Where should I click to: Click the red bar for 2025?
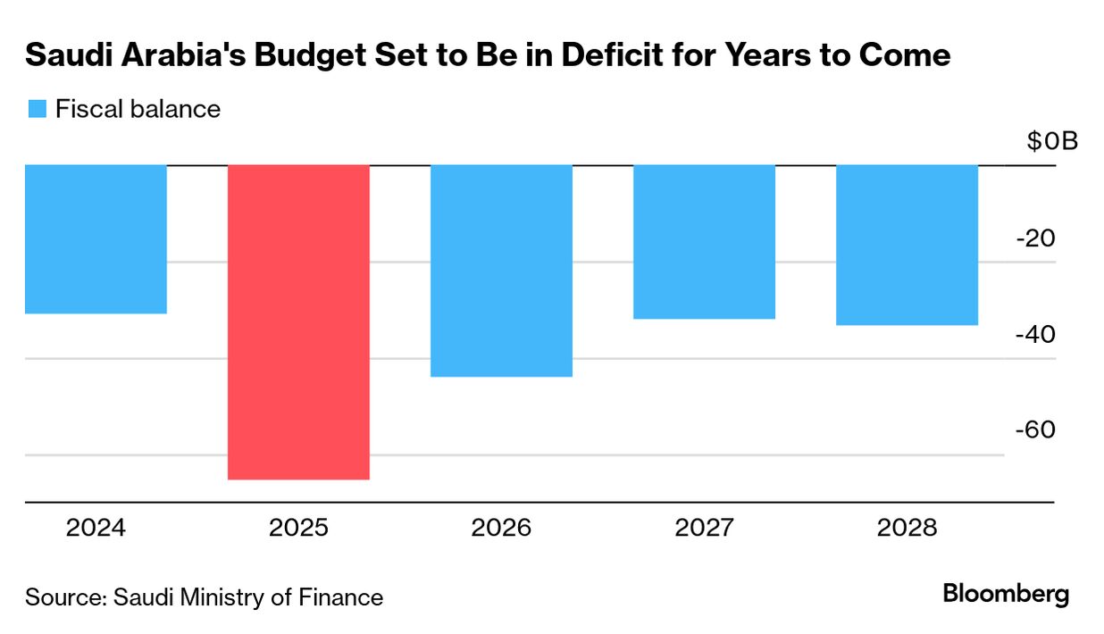point(298,321)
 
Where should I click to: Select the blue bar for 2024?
point(96,239)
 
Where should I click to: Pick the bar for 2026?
point(501,271)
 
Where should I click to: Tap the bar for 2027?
point(704,242)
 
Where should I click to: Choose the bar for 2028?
point(907,245)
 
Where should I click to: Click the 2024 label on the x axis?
point(96,528)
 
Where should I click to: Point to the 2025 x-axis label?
point(298,528)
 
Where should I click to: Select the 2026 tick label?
point(501,528)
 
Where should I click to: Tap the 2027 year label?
point(704,528)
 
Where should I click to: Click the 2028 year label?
point(907,528)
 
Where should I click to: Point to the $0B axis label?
point(1052,141)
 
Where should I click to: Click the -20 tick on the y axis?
point(1035,238)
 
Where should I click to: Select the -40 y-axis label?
point(1035,334)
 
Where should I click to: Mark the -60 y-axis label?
point(1035,430)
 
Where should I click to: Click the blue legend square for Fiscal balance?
point(37,109)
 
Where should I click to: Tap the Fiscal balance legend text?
point(138,109)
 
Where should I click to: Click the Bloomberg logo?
point(1006,594)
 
